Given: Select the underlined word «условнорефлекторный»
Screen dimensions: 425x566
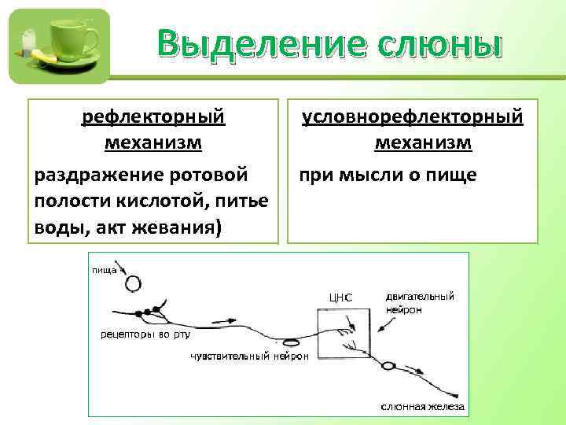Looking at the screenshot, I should pyautogui.click(x=413, y=117).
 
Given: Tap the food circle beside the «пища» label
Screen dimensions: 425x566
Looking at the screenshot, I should pyautogui.click(x=133, y=283).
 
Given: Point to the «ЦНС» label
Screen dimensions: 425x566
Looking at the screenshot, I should pyautogui.click(x=340, y=297).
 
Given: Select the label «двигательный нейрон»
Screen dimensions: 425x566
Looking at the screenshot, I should pyautogui.click(x=419, y=303).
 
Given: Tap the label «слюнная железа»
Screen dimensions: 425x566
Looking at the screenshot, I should pyautogui.click(x=422, y=407).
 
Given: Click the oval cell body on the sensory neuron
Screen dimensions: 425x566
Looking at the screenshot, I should pyautogui.click(x=292, y=342).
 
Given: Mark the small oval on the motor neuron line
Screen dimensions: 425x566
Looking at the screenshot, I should pyautogui.click(x=388, y=366).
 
